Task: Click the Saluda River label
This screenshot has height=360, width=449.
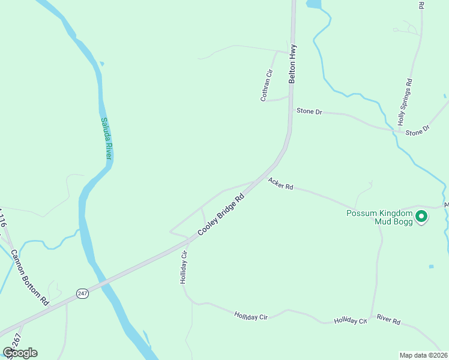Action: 106,137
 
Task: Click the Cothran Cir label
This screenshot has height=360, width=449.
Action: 267,85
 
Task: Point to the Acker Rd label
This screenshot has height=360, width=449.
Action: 280,184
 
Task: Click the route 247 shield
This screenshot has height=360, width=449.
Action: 83,293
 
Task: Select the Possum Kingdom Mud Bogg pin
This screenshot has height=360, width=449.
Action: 421,216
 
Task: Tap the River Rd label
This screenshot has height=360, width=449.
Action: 388,320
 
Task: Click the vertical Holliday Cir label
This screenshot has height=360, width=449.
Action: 184,267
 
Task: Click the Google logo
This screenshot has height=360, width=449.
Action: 20,353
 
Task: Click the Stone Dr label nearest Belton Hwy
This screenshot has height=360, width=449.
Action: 310,112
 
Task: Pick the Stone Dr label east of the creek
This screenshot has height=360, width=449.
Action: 418,130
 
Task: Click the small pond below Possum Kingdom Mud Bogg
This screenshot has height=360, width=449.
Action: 431,266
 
